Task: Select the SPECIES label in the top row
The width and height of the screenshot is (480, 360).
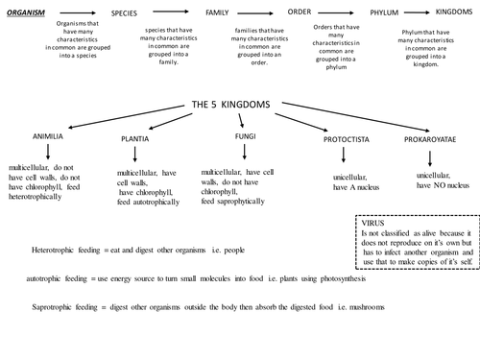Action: pos(130,14)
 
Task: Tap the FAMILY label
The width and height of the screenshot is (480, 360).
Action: pos(217,12)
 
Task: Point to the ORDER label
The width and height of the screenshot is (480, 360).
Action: pos(300,12)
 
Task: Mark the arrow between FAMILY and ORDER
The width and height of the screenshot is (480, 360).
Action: pos(260,12)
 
